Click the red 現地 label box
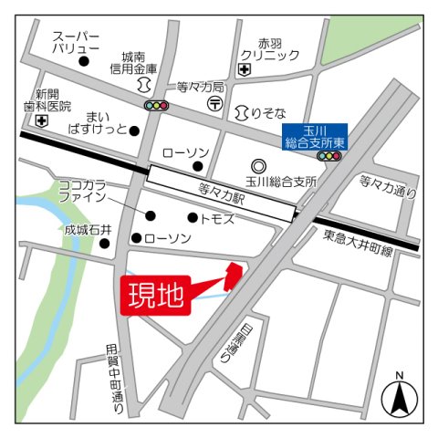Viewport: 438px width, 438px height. tap(155, 295)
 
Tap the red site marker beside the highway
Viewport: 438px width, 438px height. tap(233, 275)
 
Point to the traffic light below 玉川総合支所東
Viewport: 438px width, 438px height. tap(328, 157)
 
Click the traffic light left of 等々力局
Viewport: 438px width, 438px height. tap(158, 105)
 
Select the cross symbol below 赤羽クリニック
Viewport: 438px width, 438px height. tap(245, 69)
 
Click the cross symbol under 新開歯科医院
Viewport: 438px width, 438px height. tap(42, 120)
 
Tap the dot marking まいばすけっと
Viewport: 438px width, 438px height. tap(134, 130)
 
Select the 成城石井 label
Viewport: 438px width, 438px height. tap(88, 231)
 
